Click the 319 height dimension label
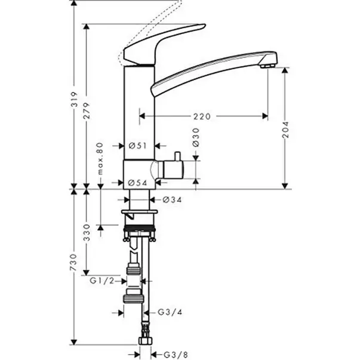coord(74,99)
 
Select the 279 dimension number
coord(87,110)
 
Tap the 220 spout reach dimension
coord(202,116)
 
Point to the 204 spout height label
coord(285,130)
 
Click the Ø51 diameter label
coord(137,146)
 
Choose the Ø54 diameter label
coord(137,183)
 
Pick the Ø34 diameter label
coord(172,200)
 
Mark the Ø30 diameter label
coord(196,137)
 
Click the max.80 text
coord(100,159)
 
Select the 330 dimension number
coord(87,232)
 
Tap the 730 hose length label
coord(74,262)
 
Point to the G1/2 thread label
coord(101,281)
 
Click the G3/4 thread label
coord(170,312)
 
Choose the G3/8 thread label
coord(176,355)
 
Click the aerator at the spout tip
coord(267,66)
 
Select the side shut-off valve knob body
coord(173,170)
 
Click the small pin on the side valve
coord(177,156)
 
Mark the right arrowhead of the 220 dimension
coord(265,116)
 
